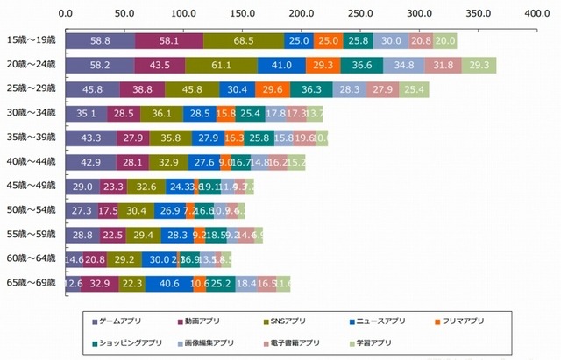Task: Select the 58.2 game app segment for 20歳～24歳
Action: (99, 66)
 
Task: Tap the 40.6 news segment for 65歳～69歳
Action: (169, 283)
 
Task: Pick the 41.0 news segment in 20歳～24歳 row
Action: (281, 66)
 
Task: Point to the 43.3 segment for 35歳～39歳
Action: (90, 138)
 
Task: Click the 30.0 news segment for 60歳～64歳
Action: (160, 258)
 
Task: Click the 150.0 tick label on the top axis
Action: (242, 14)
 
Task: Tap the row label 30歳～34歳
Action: (32, 114)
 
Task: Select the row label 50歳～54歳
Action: (32, 210)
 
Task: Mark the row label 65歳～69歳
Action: (32, 283)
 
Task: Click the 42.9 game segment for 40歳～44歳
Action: (90, 162)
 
